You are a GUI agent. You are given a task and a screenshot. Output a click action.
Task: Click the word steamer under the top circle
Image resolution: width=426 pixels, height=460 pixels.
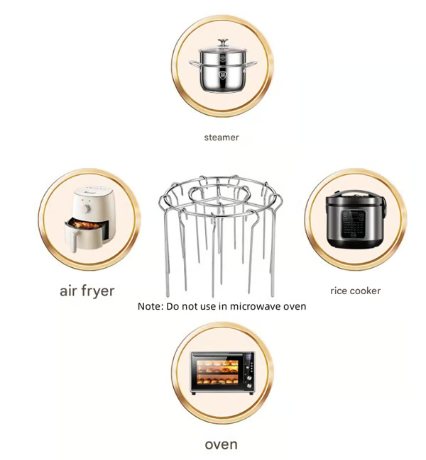pyautogui.click(x=221, y=138)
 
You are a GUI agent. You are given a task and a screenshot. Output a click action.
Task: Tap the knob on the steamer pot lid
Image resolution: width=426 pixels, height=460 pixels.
pyautogui.click(x=222, y=43)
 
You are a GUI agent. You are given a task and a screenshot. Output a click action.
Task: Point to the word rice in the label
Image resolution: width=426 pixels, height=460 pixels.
pyautogui.click(x=339, y=291)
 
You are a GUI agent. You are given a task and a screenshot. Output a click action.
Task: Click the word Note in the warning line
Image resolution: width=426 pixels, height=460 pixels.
pyautogui.click(x=150, y=306)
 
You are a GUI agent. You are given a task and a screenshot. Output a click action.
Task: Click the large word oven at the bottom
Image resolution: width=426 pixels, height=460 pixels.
pyautogui.click(x=221, y=444)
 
